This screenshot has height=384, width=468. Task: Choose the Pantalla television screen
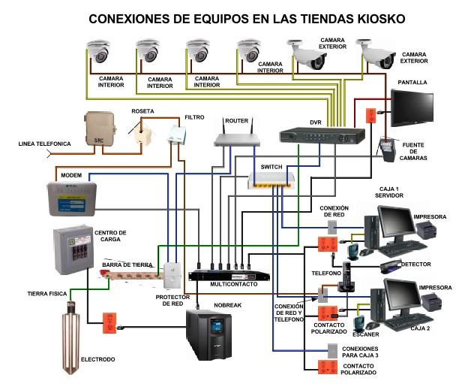point(412,108)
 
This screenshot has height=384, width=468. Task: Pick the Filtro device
point(177,137)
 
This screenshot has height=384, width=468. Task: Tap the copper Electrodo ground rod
point(72,331)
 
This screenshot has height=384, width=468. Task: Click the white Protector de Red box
point(174,269)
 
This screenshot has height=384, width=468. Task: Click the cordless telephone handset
point(347,280)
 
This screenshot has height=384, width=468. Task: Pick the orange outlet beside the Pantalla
point(370,116)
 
